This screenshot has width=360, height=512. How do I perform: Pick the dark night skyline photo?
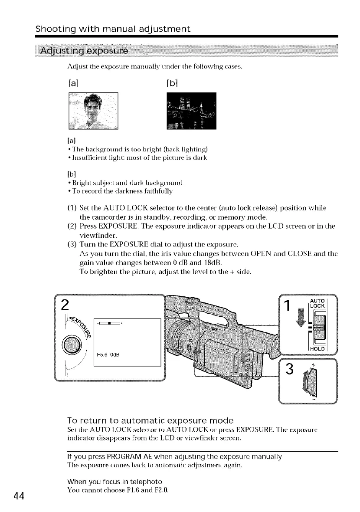(192, 111)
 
